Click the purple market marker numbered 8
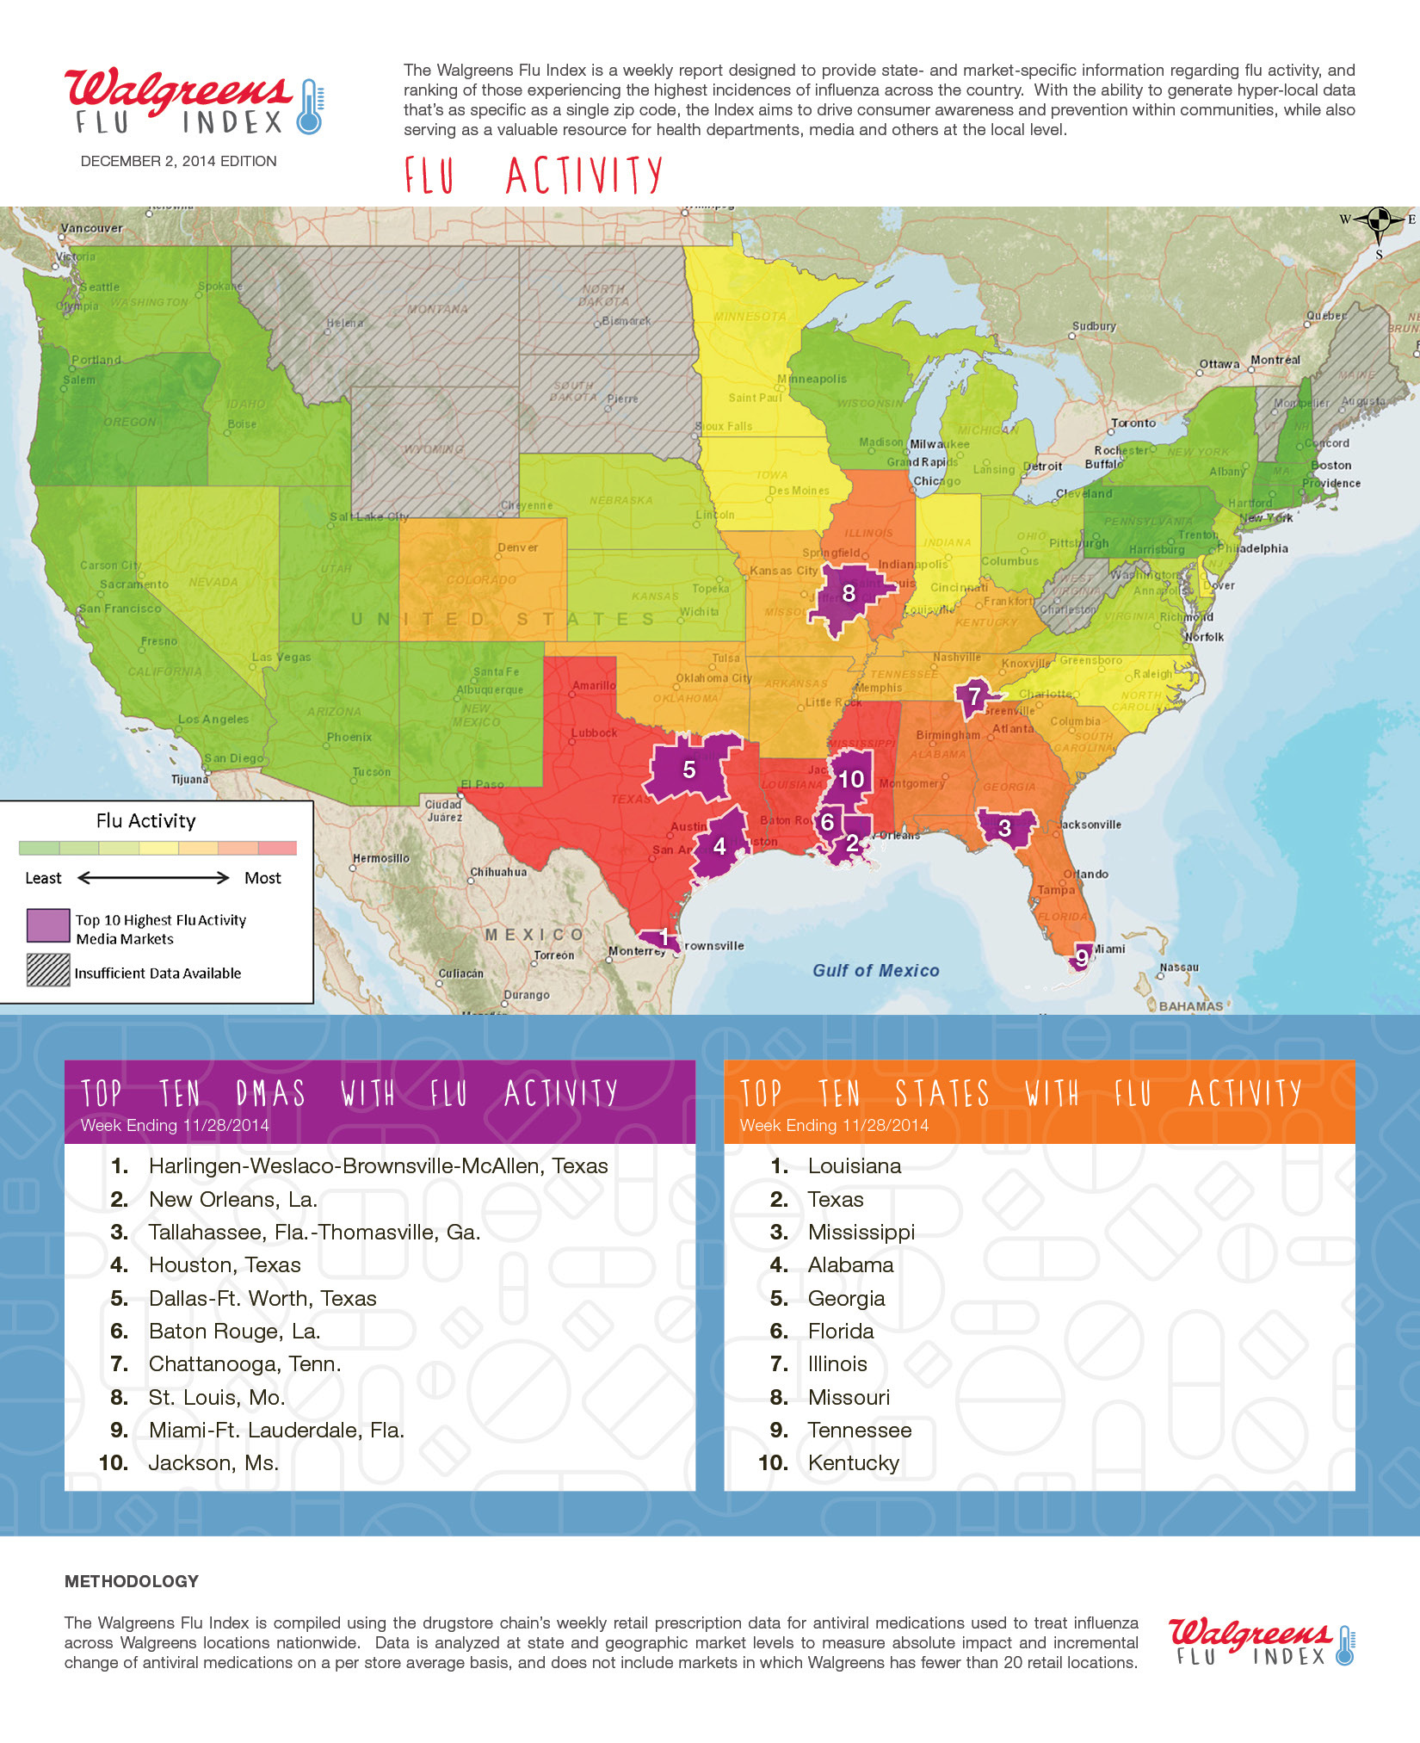[849, 594]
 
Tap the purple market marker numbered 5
[689, 770]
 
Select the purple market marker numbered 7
[974, 696]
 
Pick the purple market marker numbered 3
[1004, 828]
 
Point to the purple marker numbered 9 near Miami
[1082, 957]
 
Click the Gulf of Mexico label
[875, 970]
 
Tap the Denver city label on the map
[517, 547]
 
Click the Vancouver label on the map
[91, 228]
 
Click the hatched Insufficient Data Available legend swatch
[48, 970]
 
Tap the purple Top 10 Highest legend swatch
[48, 926]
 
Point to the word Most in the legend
[262, 878]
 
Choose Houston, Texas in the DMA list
[225, 1264]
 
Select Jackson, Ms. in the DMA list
[213, 1462]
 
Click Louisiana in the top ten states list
[854, 1165]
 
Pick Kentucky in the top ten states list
[853, 1462]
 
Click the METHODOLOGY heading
[132, 1581]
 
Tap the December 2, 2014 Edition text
[178, 161]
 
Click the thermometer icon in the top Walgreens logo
[310, 107]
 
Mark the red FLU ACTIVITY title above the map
[534, 176]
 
